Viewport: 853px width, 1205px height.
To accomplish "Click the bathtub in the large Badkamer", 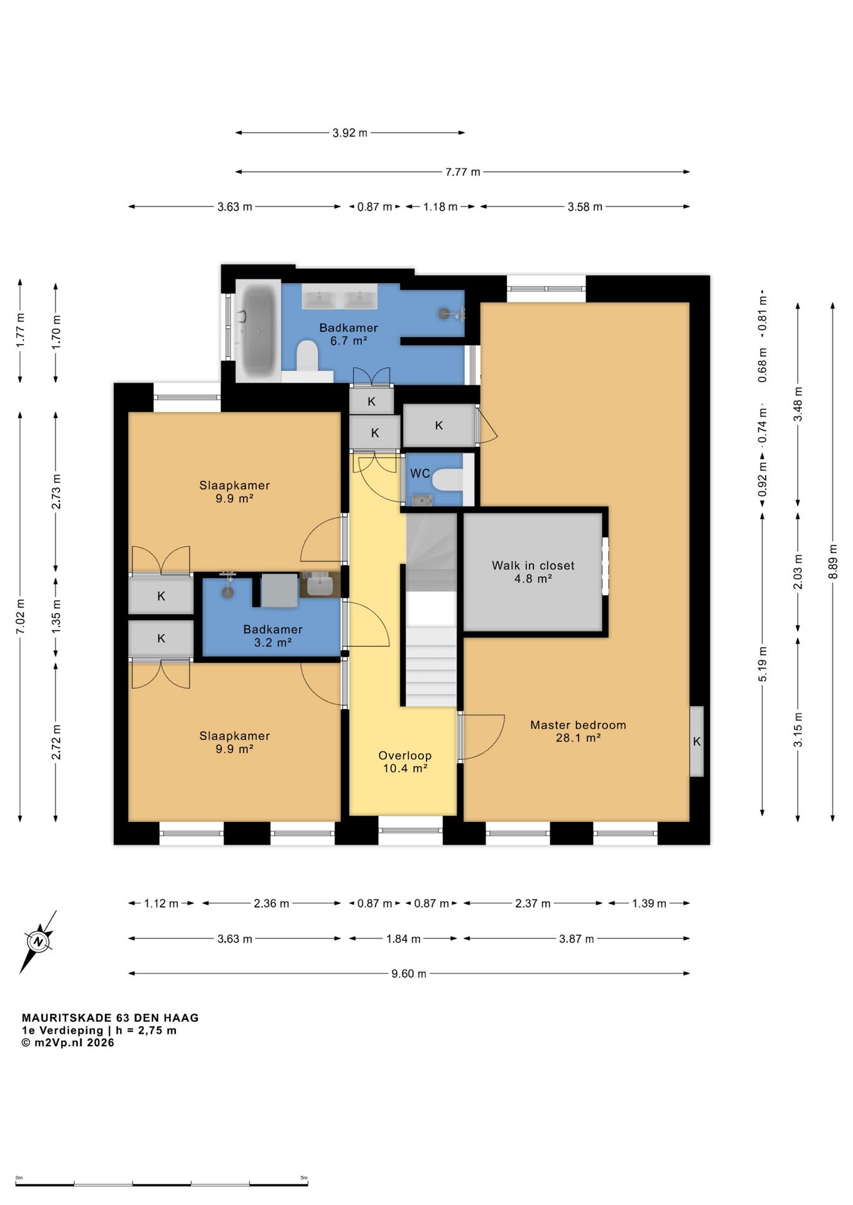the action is (x=258, y=331).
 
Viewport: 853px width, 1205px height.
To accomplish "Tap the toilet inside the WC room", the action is (x=447, y=480).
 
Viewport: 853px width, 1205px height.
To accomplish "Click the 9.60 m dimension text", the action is (x=409, y=973).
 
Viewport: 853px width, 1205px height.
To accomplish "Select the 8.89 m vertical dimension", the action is (x=833, y=562).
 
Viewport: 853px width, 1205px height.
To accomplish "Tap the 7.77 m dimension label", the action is (x=463, y=172).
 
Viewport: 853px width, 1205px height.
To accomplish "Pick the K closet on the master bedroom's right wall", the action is (x=697, y=741).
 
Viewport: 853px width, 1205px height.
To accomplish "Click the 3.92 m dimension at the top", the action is (x=350, y=133).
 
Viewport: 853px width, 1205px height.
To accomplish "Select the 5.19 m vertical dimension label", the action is (x=763, y=664).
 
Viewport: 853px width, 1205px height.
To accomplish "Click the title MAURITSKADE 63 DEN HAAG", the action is (x=111, y=1018).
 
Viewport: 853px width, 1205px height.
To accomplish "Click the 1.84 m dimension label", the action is (x=403, y=939).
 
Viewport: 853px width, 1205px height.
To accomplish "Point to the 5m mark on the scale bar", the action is (x=304, y=1178).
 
